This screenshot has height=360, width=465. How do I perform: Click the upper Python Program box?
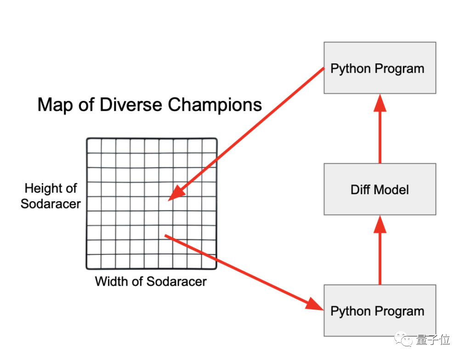coord(380,68)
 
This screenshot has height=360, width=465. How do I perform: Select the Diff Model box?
coord(380,189)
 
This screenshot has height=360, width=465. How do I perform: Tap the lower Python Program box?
coord(380,311)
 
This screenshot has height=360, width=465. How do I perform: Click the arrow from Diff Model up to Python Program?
coord(380,131)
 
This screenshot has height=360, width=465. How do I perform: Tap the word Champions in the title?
coord(215,105)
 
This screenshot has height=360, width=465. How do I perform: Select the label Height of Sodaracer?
coord(51,196)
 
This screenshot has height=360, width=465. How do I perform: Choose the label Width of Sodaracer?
coord(151,281)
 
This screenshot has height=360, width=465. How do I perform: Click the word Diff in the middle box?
coord(360,189)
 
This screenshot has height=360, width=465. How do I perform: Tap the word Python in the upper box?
coord(351,69)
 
